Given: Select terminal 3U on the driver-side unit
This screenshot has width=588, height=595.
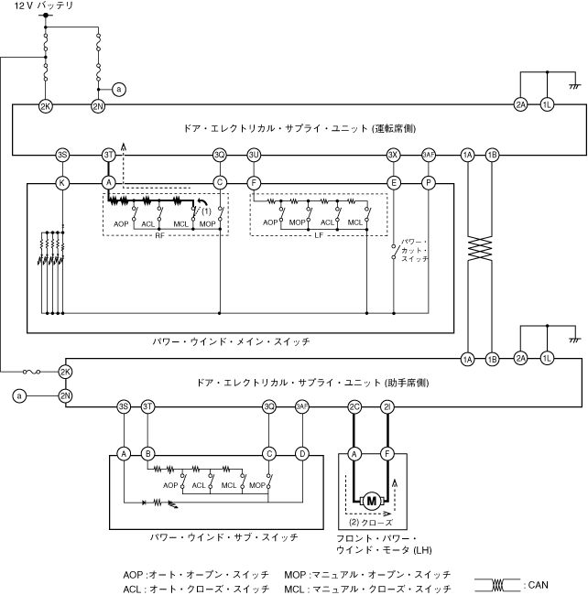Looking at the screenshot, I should pyautogui.click(x=254, y=155).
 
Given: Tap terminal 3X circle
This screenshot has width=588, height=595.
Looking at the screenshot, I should pyautogui.click(x=393, y=155).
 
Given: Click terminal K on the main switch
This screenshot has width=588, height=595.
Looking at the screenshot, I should pyautogui.click(x=62, y=183).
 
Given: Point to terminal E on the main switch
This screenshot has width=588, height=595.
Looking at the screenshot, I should pyautogui.click(x=393, y=183).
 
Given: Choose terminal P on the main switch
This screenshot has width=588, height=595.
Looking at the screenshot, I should pyautogui.click(x=428, y=183).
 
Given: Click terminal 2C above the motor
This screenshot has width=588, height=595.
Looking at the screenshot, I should pyautogui.click(x=354, y=406).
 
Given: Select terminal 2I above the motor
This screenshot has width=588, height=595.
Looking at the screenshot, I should pyautogui.click(x=387, y=406).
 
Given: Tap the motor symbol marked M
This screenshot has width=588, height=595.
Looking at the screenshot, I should pyautogui.click(x=371, y=500).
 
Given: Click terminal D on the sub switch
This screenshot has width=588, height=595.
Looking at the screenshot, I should pyautogui.click(x=302, y=452).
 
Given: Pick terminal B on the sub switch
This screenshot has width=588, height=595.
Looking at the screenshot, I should pyautogui.click(x=148, y=452).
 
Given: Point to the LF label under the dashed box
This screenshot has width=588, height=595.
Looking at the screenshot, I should pyautogui.click(x=317, y=234).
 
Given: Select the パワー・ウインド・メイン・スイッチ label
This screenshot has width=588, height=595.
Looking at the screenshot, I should pyautogui.click(x=231, y=341).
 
